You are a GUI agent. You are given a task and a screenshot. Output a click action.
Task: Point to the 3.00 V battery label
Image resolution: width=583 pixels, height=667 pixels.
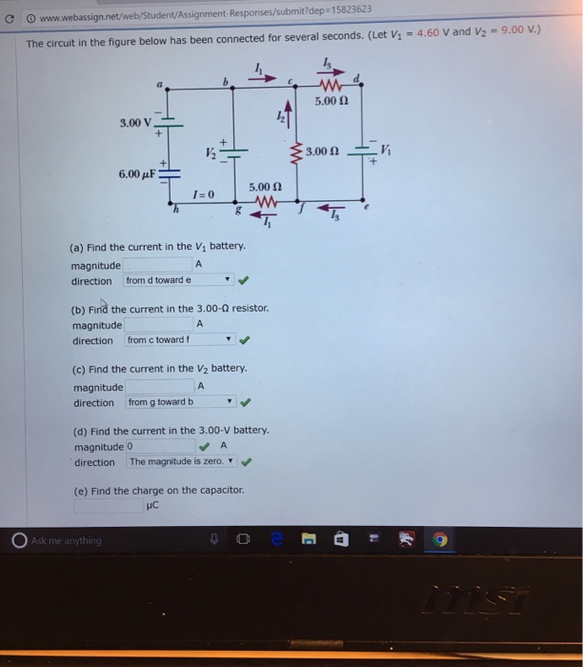(x=134, y=122)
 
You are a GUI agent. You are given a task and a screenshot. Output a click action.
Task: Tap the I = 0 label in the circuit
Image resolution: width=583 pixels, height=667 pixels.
(x=204, y=193)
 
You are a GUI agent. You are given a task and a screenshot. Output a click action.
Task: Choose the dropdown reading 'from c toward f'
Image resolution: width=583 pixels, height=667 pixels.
(x=179, y=340)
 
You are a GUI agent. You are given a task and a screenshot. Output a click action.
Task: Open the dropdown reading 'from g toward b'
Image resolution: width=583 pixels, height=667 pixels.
(x=179, y=402)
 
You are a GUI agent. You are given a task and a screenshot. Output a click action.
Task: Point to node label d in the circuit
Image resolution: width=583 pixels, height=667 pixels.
(x=356, y=78)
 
